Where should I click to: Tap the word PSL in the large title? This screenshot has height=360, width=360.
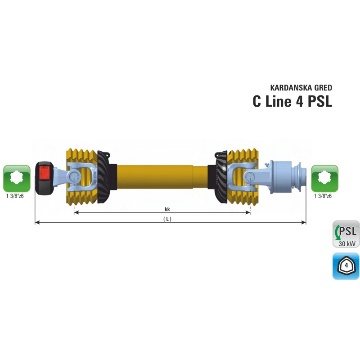319,101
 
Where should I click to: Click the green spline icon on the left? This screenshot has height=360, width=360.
17,178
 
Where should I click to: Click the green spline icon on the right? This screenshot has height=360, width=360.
325,178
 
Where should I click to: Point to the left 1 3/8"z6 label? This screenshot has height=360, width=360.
14,196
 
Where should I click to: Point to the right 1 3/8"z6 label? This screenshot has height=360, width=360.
323,196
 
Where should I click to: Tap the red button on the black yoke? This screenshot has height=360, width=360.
45,172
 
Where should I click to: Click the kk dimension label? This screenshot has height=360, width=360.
166,209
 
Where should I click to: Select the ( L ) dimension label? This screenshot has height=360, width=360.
167,219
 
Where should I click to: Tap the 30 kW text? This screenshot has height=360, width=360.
347,243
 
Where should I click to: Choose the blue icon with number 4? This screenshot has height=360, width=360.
346,266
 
